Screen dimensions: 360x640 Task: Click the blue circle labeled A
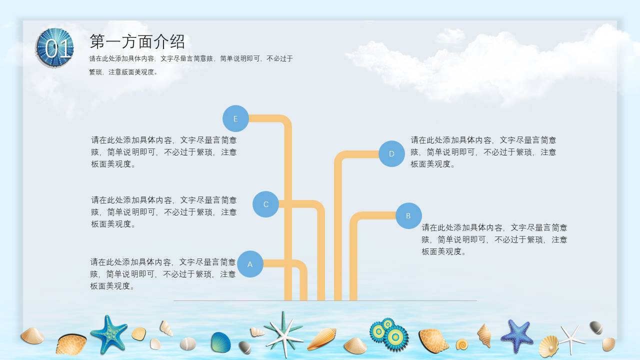[x=250, y=264]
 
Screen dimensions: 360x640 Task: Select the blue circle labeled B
[x=408, y=216]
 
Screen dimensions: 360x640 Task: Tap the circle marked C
[x=265, y=204]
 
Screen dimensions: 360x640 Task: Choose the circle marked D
[x=391, y=153]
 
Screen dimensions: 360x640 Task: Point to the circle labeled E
[x=235, y=118]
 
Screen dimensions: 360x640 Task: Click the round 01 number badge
[x=55, y=48]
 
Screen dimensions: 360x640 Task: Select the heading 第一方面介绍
[x=137, y=41]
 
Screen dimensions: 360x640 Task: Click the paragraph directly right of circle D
[x=483, y=152]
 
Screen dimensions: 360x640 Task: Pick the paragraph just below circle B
[x=494, y=239]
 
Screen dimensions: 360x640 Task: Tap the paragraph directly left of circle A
[x=163, y=274]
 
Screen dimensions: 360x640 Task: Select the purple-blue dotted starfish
[x=517, y=335]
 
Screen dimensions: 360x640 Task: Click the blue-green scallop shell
[x=220, y=342]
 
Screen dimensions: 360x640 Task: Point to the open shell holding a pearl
[x=548, y=345]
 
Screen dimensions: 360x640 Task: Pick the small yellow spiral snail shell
[x=461, y=344]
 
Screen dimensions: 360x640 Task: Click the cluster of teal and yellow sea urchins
[x=389, y=333]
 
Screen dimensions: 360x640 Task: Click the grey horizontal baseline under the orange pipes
[x=325, y=301]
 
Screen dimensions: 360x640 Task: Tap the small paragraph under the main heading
[x=191, y=65]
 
